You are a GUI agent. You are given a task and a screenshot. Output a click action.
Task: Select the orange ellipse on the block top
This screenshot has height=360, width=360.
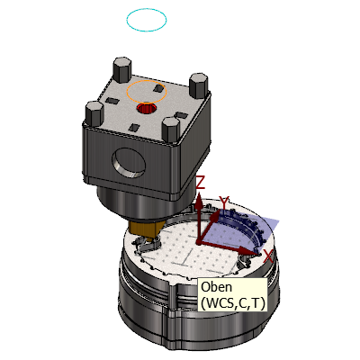pos(147,81)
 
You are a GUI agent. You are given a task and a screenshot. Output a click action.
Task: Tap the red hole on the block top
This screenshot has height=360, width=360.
pos(147,108)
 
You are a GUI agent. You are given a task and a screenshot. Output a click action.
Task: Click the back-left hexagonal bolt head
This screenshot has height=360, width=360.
pos(121,69)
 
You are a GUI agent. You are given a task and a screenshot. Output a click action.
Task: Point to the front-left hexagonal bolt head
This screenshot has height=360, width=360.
pos(94,114)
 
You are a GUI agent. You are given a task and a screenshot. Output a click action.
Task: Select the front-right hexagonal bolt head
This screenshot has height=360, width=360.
pos(171,130)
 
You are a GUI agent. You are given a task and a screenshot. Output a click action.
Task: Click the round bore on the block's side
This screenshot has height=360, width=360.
pos(129,162)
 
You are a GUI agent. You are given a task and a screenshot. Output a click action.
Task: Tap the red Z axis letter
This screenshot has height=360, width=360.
pos(201,183)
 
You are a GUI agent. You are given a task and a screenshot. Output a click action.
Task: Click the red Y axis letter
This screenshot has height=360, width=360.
pos(224,202)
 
